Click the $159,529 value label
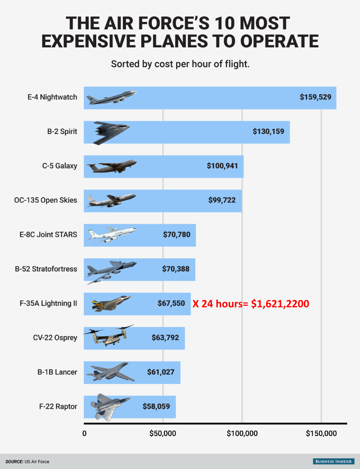point(315,97)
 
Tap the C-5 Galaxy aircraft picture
point(112,166)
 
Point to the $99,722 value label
point(222,200)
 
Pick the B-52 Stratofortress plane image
point(111,270)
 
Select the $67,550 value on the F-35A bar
point(171,303)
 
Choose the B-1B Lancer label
point(57,372)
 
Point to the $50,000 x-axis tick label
point(163,433)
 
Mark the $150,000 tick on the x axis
point(321,433)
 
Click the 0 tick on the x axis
point(84,433)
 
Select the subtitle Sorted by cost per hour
point(180,64)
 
